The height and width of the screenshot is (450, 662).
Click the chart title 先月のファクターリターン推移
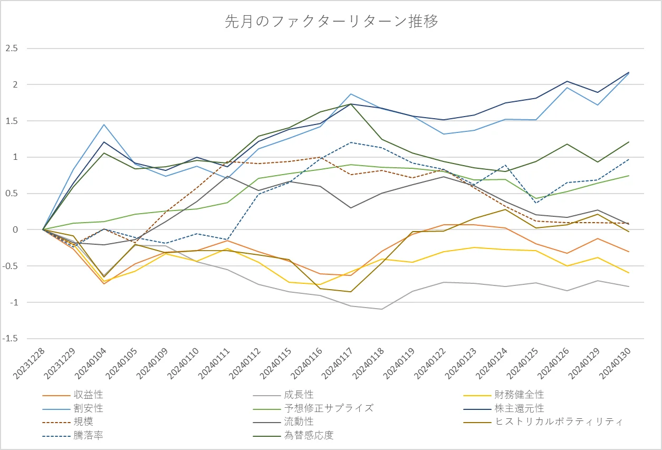click(331, 22)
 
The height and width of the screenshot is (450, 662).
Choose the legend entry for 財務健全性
click(519, 395)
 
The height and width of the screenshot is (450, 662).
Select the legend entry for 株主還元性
click(519, 408)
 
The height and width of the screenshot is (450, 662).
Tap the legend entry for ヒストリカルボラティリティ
click(559, 422)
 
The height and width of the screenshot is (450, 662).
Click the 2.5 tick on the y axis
click(12, 49)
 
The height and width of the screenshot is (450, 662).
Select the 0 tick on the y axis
click(16, 230)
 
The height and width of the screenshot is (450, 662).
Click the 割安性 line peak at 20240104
click(104, 125)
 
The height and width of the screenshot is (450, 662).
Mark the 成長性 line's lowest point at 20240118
click(381, 309)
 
